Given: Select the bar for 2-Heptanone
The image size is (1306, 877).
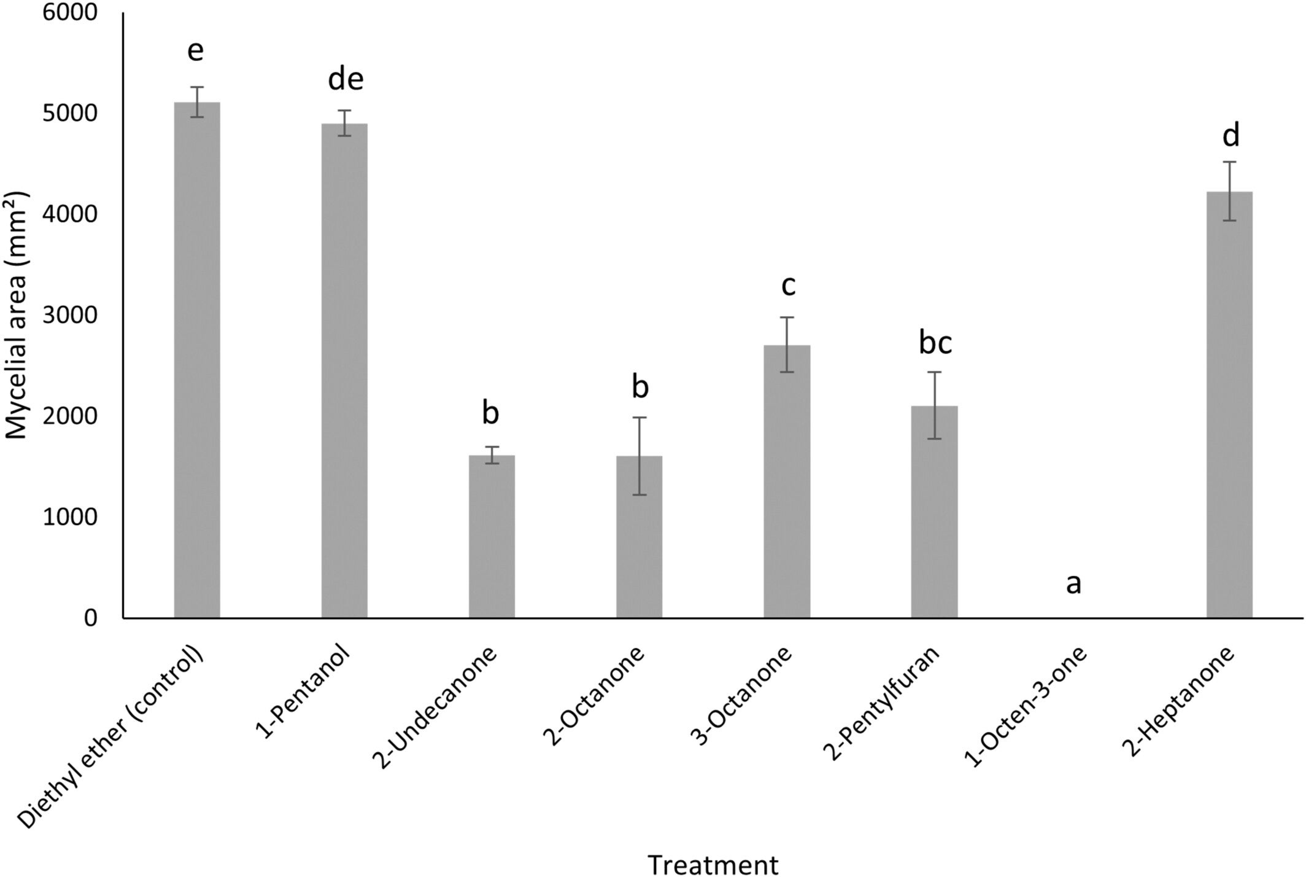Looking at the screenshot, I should pos(1229,405).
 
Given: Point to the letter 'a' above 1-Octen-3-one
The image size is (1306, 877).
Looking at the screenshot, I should pos(1073,583).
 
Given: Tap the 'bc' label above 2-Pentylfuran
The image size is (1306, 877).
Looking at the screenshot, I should pos(935,343).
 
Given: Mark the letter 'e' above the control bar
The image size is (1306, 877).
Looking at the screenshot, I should pos(195,50).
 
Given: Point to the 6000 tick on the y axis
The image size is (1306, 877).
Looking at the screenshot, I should pos(69,12).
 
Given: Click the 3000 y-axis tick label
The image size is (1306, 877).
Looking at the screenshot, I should pos(69,315).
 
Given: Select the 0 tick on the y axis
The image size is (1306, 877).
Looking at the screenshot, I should pos(90,618).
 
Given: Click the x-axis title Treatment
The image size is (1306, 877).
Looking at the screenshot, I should pos(713,865).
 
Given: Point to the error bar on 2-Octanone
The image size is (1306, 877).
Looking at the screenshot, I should pos(639,456).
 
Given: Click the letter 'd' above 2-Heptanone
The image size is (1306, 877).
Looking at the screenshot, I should pos(1231,136).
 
